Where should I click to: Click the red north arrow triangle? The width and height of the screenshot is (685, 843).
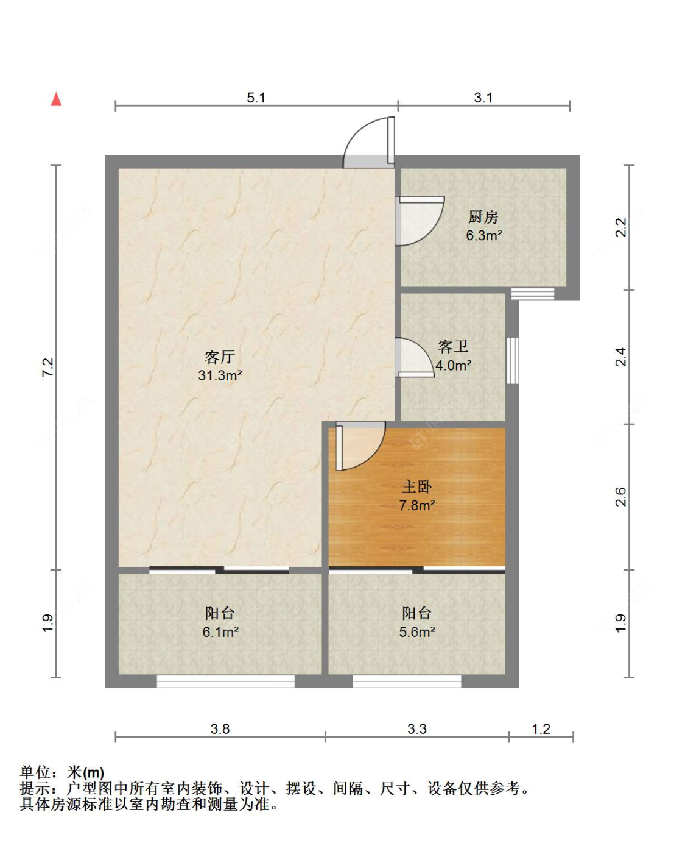click(x=57, y=99)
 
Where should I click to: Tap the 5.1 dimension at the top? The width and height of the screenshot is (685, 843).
click(x=256, y=98)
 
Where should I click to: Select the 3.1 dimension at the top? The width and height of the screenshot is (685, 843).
click(x=483, y=98)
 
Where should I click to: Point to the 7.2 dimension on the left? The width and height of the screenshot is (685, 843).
click(x=48, y=368)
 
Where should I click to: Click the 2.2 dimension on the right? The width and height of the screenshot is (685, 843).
click(x=621, y=227)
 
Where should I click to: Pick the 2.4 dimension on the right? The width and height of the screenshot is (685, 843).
click(x=621, y=357)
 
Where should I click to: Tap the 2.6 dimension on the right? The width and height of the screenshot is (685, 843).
click(x=621, y=497)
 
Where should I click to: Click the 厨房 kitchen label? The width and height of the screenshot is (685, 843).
click(x=483, y=217)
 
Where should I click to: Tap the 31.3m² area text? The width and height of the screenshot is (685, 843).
click(x=220, y=375)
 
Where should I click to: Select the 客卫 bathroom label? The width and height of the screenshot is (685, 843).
click(x=453, y=347)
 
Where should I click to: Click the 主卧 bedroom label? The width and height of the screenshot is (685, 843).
click(x=416, y=486)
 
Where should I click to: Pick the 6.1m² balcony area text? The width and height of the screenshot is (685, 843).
click(x=220, y=631)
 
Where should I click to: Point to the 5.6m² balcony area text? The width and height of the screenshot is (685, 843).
click(x=417, y=631)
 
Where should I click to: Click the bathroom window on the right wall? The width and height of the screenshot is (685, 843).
click(x=512, y=360)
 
